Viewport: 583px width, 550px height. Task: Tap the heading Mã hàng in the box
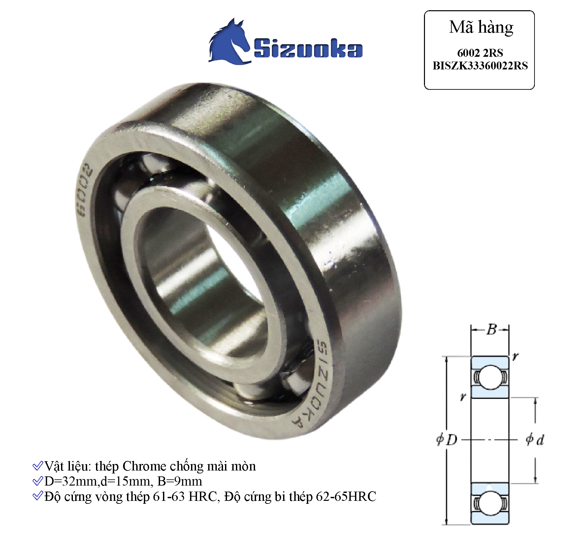click(481, 27)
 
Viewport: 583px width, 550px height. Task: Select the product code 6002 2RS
click(480, 53)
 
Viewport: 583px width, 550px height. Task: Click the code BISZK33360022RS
click(480, 66)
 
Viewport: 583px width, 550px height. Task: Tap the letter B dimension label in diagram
click(491, 329)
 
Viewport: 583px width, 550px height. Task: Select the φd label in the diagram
click(535, 439)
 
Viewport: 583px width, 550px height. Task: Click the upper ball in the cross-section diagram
click(489, 377)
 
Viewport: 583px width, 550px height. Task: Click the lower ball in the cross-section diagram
click(489, 503)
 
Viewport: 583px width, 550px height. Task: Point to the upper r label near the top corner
click(515, 356)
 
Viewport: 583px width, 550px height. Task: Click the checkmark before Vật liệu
click(38, 466)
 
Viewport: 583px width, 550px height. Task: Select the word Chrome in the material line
click(144, 466)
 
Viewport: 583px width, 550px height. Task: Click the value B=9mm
click(179, 481)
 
